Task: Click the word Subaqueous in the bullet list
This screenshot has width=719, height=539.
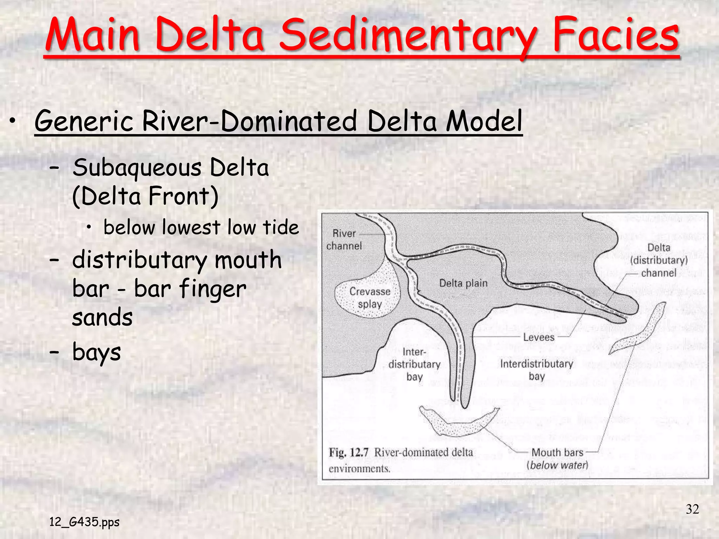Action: click(137, 167)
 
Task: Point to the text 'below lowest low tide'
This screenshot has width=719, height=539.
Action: click(201, 227)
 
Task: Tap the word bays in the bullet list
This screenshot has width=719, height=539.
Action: click(97, 352)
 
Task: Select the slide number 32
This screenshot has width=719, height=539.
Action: click(692, 509)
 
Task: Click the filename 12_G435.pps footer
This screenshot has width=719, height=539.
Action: click(84, 522)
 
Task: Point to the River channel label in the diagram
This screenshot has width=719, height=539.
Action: click(344, 240)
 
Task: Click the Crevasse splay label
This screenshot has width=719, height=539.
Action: click(370, 298)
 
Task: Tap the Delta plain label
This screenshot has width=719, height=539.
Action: click(463, 283)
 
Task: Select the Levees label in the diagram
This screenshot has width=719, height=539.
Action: click(539, 338)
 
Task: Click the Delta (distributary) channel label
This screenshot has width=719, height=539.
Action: click(659, 260)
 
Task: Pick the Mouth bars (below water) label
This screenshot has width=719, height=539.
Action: click(557, 459)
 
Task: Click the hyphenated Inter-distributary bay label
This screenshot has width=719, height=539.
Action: click(414, 364)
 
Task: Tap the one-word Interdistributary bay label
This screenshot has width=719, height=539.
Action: click(536, 370)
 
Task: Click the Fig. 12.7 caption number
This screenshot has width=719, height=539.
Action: click(348, 453)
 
